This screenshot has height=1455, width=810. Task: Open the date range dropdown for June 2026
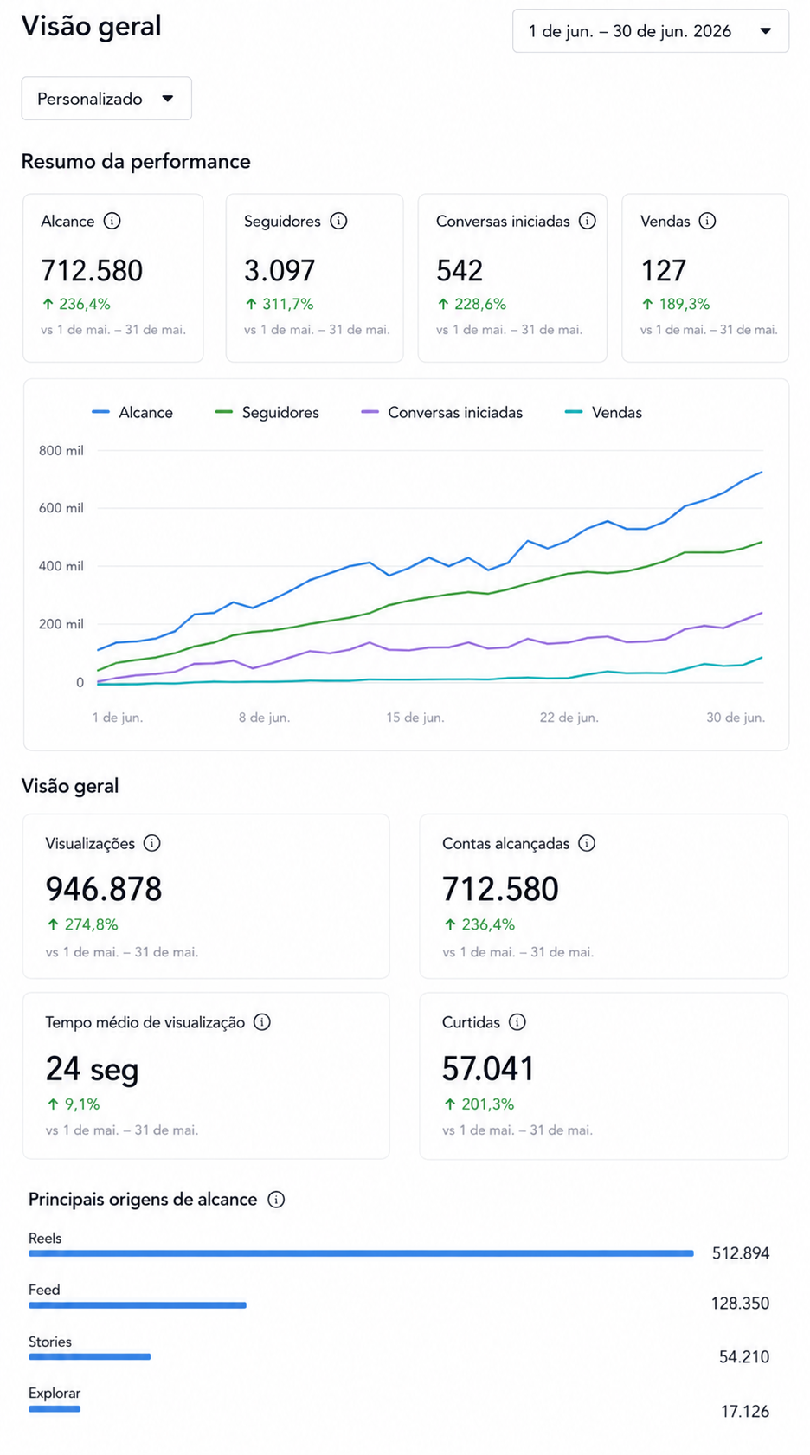[650, 31]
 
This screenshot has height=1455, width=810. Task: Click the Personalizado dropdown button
[106, 99]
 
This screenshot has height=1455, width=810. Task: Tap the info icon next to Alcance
[112, 221]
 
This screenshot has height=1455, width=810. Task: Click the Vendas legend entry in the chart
[603, 413]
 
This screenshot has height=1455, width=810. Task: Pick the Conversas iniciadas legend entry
[442, 413]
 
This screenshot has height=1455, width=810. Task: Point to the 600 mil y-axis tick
[61, 508]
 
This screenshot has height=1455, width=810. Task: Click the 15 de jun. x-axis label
[415, 718]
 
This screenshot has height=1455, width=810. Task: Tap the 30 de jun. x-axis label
[736, 718]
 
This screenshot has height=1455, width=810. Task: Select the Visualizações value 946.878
[104, 889]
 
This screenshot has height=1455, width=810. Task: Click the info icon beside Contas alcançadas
[587, 843]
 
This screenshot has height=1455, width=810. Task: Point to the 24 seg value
[93, 1069]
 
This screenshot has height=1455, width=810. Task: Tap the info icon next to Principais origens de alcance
[276, 1199]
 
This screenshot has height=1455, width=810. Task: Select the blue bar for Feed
[138, 1305]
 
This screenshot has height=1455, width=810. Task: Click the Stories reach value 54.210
[743, 1357]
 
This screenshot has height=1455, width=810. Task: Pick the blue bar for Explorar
[55, 1409]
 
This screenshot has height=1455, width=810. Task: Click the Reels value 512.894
[741, 1253]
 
